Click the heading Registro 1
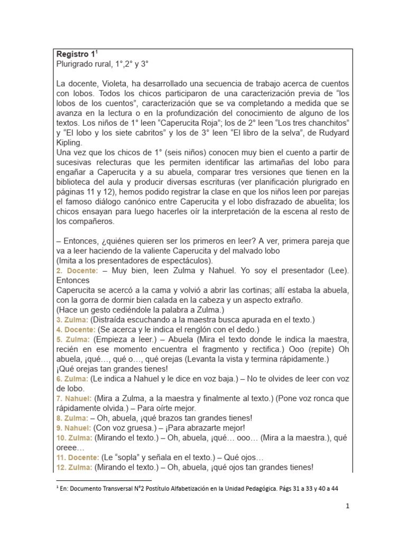76,54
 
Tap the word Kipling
69,143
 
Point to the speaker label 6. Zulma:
72,378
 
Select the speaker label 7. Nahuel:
73,398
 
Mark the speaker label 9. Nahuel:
73,427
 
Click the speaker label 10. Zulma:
74,437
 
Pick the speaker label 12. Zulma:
74,467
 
